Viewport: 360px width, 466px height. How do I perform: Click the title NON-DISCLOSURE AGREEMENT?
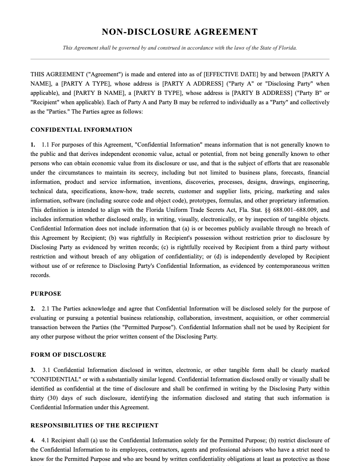pyautogui.click(x=180, y=32)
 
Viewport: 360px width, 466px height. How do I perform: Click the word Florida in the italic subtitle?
pyautogui.click(x=287, y=48)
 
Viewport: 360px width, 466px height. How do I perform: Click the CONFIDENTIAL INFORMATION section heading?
pyautogui.click(x=81, y=130)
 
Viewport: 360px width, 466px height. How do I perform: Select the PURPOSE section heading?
pyautogui.click(x=46, y=294)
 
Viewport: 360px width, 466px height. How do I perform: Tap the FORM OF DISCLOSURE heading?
pyautogui.click(x=68, y=355)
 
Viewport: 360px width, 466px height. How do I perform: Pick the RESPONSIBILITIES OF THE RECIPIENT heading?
pyautogui.click(x=94, y=426)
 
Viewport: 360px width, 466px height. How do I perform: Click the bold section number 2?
pyautogui.click(x=33, y=309)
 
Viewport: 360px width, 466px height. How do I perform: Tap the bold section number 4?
pyautogui.click(x=33, y=441)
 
